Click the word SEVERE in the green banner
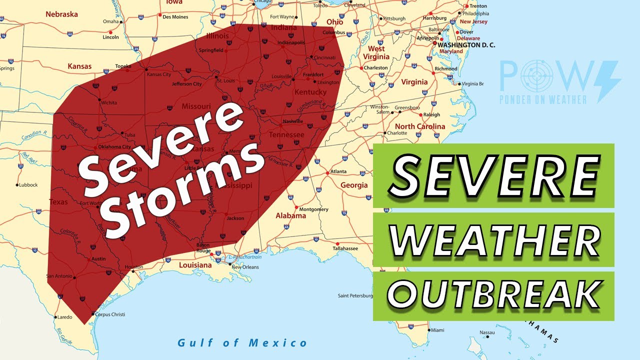click(x=493, y=175)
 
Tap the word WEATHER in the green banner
click(x=493, y=240)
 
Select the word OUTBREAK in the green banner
click(x=493, y=295)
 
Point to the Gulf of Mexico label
click(x=242, y=343)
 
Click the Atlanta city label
click(x=338, y=171)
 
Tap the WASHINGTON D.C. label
click(x=466, y=45)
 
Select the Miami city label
click(x=437, y=330)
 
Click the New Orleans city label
click(x=245, y=267)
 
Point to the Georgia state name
click(x=354, y=185)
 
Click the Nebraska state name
click(x=61, y=14)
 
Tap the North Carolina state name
click(x=420, y=126)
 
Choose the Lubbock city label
click(x=28, y=185)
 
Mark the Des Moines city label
click(x=175, y=17)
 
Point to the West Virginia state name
click(x=376, y=52)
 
